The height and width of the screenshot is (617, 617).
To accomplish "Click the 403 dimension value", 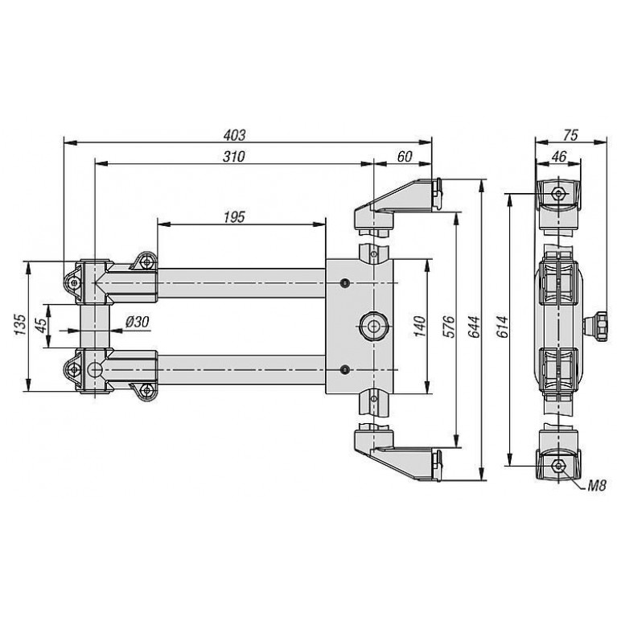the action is pos(235,135).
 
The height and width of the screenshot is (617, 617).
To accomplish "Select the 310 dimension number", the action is pos(234,156).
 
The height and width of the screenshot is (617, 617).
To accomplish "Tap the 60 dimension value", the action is pos(405,156).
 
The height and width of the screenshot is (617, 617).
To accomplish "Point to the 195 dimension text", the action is pos(234,217).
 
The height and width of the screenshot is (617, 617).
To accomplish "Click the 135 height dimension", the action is pos(20,325).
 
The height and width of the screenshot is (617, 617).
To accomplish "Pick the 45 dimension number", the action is pos(41,324).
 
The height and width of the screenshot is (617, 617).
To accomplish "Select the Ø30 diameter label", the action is pos(138,322).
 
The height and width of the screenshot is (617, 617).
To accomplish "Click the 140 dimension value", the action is pos(420,327).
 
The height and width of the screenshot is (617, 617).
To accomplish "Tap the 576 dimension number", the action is pos(449,327).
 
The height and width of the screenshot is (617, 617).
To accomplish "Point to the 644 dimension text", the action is pos(474,327).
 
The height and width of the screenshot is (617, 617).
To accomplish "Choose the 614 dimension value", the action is pos(503,327).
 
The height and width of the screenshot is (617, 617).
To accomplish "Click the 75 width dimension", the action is pos(570,135).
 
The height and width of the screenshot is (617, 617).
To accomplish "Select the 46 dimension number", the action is pos(559,156).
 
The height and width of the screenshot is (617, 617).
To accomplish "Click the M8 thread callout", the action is pos(597,486).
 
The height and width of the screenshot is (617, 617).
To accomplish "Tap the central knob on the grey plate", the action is pos(373,326).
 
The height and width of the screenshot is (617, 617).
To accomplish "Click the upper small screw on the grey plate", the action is pos(345,282).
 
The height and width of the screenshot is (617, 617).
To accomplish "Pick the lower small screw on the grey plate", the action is pos(345,369).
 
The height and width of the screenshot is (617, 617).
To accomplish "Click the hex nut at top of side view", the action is pos(558,193).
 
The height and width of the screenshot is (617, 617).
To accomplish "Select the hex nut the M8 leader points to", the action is pos(558,466).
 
